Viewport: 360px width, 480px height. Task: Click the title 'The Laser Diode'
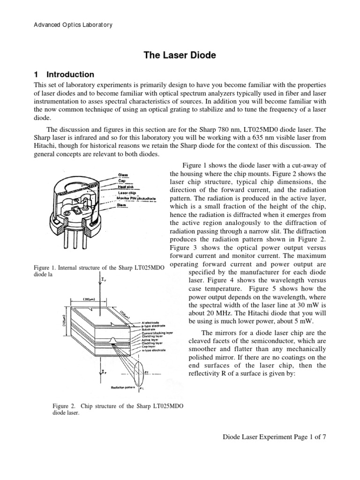click(180, 55)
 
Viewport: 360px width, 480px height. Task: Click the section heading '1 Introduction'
click(64, 75)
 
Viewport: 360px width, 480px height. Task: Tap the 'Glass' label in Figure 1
click(123, 174)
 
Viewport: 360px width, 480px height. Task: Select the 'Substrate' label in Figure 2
click(149, 330)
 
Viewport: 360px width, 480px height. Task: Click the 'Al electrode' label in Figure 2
click(151, 322)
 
